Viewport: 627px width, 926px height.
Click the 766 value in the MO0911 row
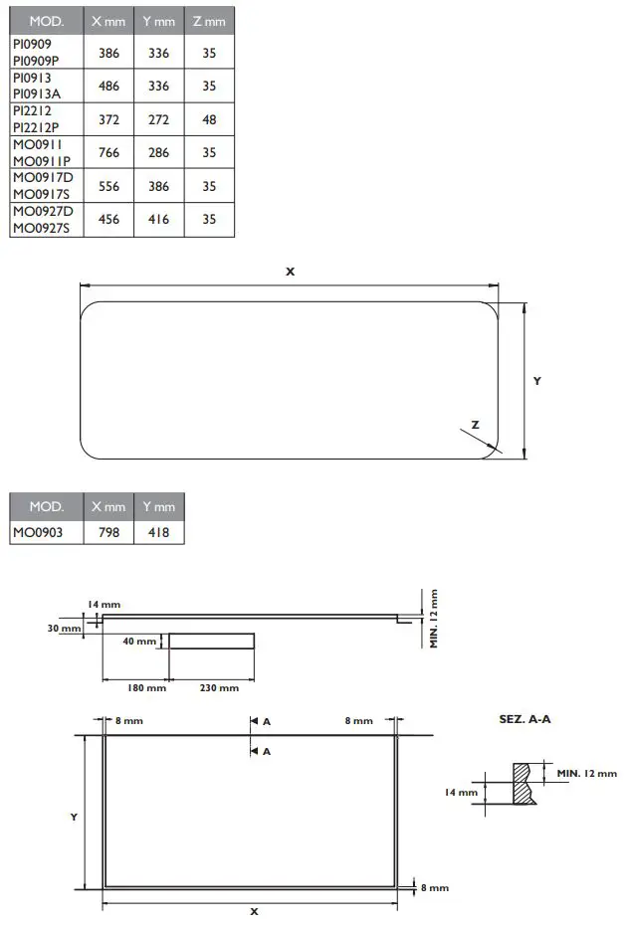coord(109,152)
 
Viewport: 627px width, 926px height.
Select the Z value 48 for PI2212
coord(209,119)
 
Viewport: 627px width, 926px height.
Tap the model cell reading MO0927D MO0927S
coord(42,219)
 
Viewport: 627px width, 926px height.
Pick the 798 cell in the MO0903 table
coord(109,533)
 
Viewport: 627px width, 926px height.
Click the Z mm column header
coord(209,21)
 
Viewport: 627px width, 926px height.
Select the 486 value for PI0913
coord(109,86)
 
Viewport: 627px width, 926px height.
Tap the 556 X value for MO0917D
coord(109,186)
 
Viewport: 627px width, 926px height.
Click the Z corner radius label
coord(475,425)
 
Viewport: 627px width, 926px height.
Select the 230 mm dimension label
coord(219,688)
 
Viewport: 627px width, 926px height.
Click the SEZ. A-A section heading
coord(524,718)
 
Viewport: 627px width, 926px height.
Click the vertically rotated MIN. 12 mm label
coord(434,618)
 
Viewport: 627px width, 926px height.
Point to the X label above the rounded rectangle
coord(290,271)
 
